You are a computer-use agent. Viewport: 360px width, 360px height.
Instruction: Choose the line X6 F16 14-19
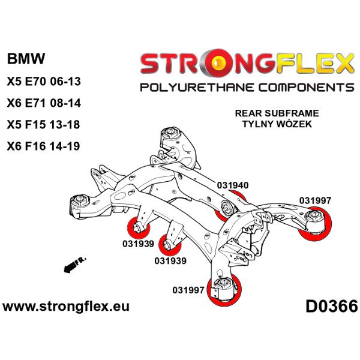(43, 146)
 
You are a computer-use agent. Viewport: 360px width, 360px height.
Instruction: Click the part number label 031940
(233, 185)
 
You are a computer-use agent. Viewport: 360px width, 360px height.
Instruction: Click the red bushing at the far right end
(314, 223)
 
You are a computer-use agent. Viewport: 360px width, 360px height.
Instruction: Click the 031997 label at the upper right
(315, 200)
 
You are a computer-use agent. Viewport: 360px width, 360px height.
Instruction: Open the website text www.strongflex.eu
(66, 307)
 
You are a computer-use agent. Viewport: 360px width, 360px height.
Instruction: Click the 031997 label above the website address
(188, 289)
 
